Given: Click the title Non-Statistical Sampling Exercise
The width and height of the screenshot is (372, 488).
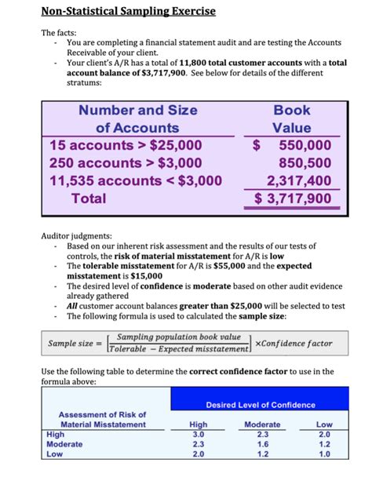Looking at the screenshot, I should coord(128,12).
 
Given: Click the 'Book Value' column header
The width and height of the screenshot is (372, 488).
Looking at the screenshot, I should coord(292,118).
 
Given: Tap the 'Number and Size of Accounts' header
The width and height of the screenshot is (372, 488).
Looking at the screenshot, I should coord(137,118).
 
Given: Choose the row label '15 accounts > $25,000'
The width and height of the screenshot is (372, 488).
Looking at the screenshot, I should coord(126,145).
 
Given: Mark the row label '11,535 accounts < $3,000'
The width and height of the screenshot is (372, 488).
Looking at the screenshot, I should coord(135,181).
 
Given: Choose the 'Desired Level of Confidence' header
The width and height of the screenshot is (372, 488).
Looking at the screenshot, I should coord(261,405).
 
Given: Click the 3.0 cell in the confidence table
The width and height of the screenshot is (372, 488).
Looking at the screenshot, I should coord(199,434).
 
